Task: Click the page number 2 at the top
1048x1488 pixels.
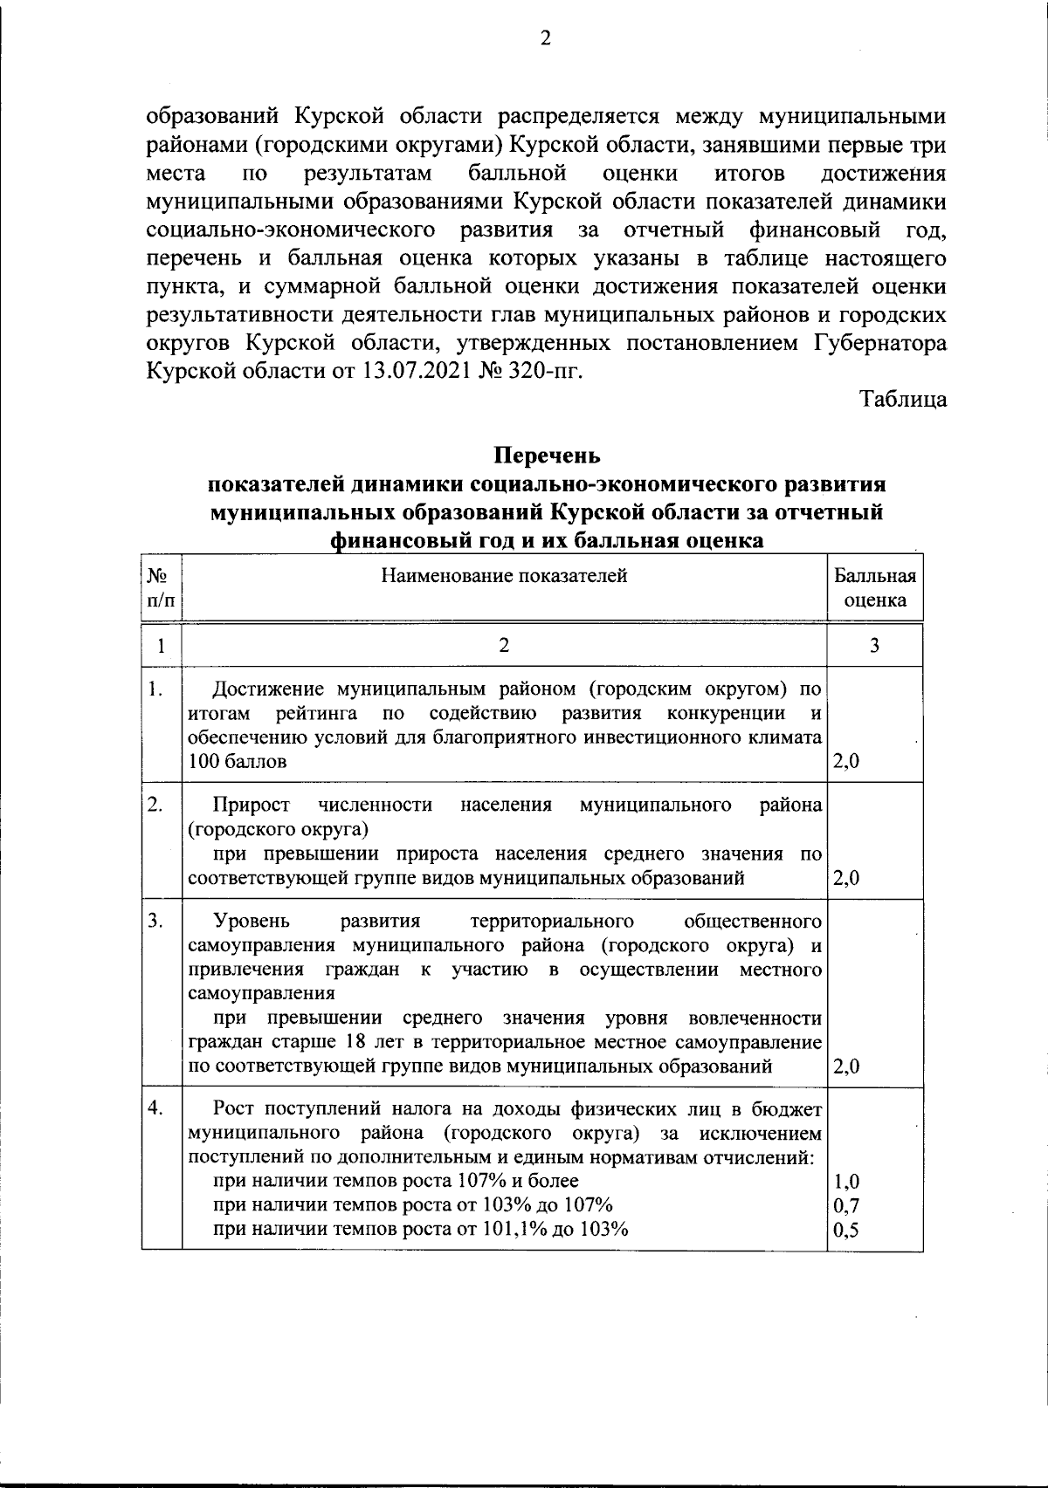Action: pyautogui.click(x=546, y=38)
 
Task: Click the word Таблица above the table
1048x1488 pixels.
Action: pyautogui.click(x=903, y=399)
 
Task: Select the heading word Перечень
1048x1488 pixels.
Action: pyautogui.click(x=547, y=456)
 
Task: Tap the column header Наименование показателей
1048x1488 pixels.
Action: pyautogui.click(x=504, y=575)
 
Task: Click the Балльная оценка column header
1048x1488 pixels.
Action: pyautogui.click(x=875, y=588)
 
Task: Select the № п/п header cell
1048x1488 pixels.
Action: pyautogui.click(x=161, y=588)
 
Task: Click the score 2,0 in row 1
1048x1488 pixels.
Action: pyautogui.click(x=846, y=761)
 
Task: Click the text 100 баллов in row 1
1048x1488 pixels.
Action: pyautogui.click(x=237, y=761)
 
